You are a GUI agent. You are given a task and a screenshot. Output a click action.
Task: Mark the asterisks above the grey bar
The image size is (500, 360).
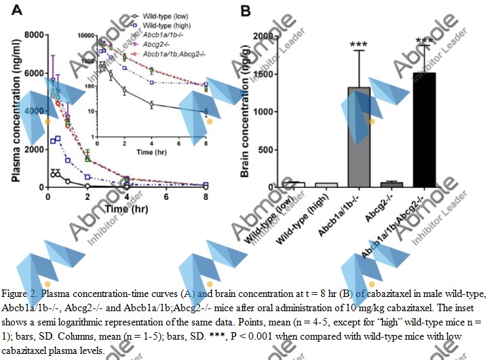358,45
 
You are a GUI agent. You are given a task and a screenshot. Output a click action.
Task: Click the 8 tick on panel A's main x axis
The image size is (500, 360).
206,196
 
